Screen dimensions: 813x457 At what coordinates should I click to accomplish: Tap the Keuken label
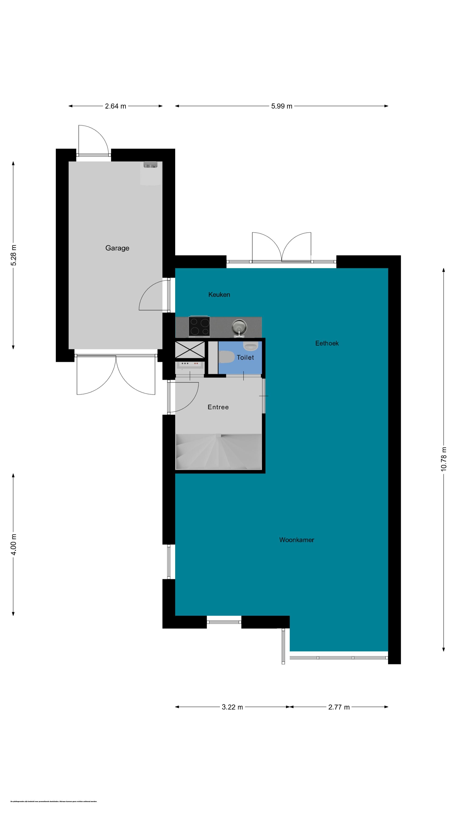click(x=219, y=295)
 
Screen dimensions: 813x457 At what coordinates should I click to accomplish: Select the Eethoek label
click(x=327, y=343)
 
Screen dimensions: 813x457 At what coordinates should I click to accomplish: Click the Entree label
click(x=218, y=407)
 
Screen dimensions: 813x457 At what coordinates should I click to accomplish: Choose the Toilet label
click(x=245, y=358)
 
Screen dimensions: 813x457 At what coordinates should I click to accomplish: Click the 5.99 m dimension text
click(x=281, y=106)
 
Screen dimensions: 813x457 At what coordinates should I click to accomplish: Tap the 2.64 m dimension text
click(x=116, y=106)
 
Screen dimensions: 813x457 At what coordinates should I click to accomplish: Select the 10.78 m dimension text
click(x=443, y=459)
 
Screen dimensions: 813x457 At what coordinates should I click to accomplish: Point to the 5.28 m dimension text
click(x=14, y=255)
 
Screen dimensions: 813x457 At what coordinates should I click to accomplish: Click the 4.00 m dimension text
click(x=14, y=544)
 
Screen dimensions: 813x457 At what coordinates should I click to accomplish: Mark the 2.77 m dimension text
click(x=339, y=707)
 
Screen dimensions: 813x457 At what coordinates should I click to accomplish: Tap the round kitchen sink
click(x=239, y=326)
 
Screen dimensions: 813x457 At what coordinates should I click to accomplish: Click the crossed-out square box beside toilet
click(x=190, y=350)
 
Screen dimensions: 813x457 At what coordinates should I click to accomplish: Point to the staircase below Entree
click(x=219, y=452)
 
